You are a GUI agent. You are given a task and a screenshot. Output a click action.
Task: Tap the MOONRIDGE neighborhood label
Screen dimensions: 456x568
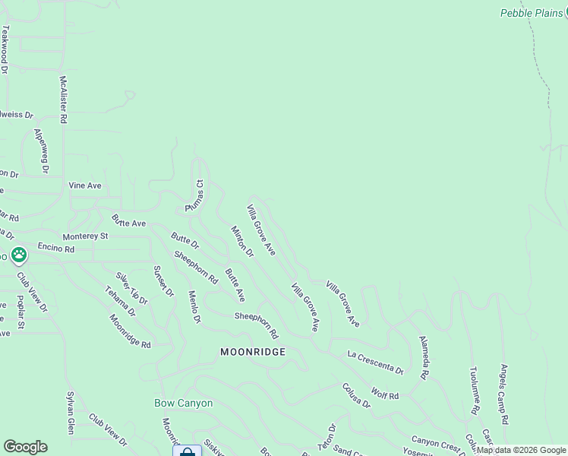coord(253,352)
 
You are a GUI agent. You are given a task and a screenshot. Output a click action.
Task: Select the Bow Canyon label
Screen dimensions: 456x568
coord(184,403)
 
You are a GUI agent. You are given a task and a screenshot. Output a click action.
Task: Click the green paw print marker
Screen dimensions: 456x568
coord(18,255)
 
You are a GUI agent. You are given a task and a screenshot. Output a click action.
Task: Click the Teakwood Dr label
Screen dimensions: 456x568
coord(5,49)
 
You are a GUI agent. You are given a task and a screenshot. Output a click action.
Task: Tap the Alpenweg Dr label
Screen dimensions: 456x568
coord(40,150)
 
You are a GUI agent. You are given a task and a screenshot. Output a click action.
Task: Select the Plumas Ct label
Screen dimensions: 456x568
coord(195,196)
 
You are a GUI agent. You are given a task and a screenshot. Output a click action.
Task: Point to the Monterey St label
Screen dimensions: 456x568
coord(86,236)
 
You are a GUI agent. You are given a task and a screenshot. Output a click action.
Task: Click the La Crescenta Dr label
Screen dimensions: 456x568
coord(375,363)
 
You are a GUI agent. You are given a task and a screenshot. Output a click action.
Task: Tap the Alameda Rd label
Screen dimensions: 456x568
coord(423,358)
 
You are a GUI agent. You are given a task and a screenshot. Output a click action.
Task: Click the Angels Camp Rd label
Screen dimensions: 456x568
coord(503,394)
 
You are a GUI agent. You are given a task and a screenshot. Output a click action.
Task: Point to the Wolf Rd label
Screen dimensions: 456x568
coord(385,394)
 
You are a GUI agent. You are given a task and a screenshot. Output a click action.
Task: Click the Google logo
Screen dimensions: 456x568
coord(25,447)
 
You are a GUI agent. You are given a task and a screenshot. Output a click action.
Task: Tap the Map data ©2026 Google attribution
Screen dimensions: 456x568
coord(521,450)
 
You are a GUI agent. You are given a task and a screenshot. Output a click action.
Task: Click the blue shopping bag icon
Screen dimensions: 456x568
coord(187,451)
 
